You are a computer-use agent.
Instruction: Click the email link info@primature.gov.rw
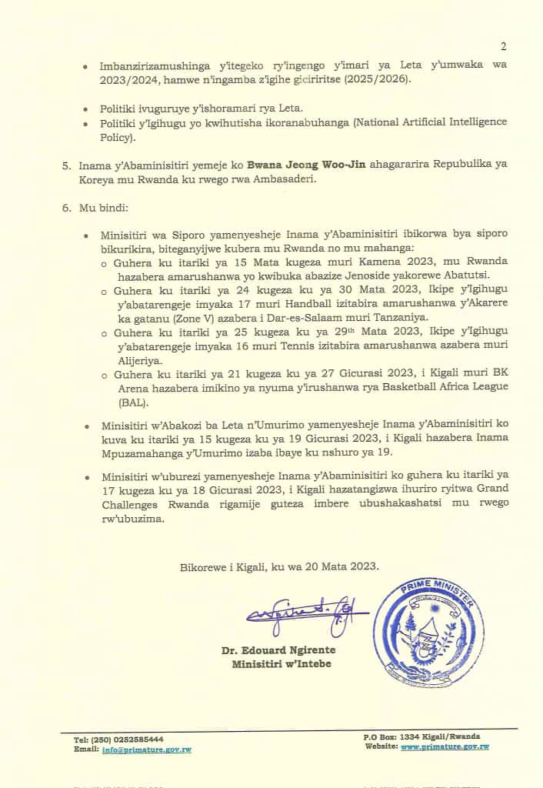coord(146,749)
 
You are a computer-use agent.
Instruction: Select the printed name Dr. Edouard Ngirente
coord(278,650)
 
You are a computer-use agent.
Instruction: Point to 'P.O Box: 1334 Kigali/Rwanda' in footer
coord(425,737)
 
